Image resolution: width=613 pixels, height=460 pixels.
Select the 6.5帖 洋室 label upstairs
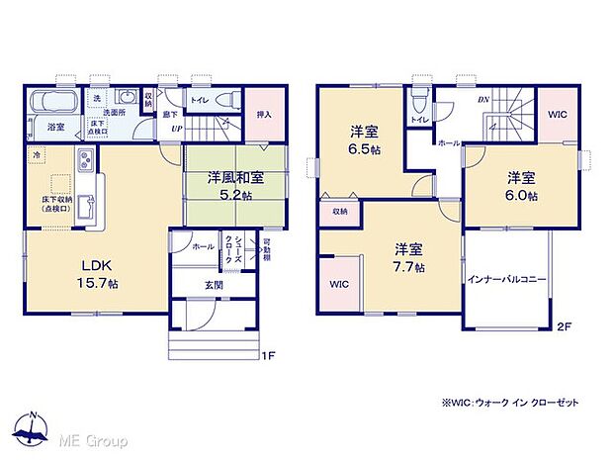click(364, 140)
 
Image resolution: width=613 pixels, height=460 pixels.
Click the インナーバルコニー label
click(507, 280)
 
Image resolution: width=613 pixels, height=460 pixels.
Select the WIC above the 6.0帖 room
click(558, 115)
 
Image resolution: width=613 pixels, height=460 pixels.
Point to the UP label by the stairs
click(176, 129)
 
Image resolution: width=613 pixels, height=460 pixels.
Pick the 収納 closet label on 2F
click(339, 210)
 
